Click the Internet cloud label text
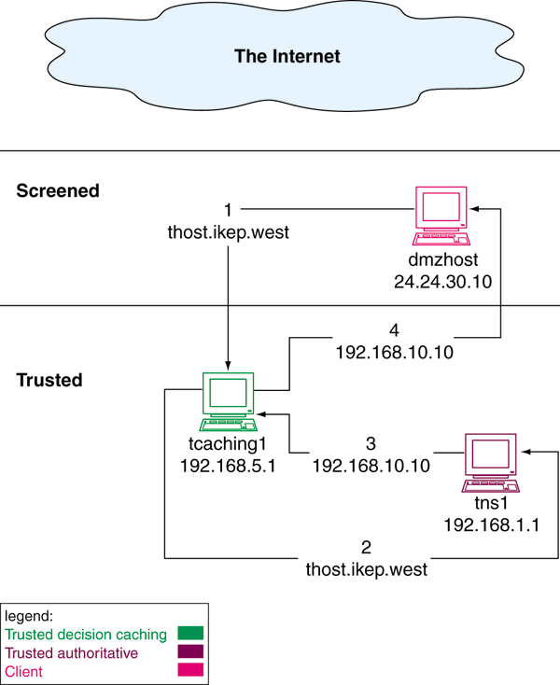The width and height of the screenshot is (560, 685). (287, 56)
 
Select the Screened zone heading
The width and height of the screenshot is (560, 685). (58, 190)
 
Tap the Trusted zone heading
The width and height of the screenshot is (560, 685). (50, 380)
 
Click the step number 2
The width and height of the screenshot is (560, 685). (366, 547)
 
